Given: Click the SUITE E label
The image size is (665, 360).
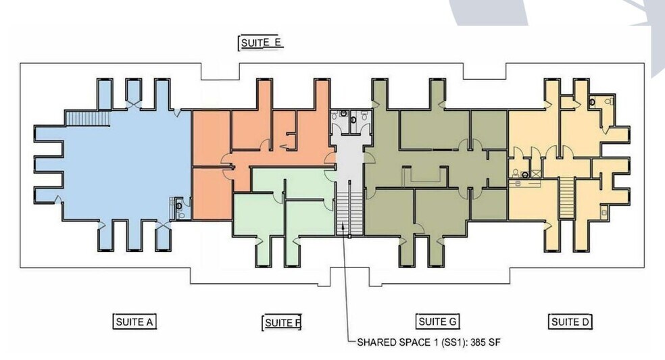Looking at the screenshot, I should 261,43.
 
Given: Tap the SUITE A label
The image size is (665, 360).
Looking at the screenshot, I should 134,322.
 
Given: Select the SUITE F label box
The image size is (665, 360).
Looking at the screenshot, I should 281,323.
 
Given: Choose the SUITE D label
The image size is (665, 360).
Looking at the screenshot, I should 570,322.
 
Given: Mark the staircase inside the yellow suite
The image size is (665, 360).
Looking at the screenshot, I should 566,197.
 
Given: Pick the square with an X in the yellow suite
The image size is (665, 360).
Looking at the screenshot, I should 537,173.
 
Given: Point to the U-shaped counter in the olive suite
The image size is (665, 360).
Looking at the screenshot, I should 422,176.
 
